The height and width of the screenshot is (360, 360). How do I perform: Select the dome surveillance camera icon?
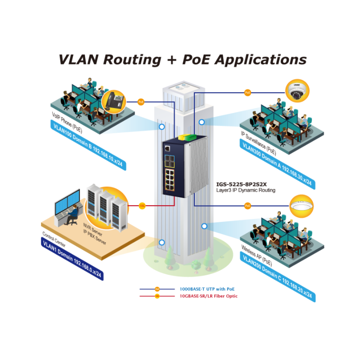coord(296,91)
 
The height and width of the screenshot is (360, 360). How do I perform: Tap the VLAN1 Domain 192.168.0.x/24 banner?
coord(72,261)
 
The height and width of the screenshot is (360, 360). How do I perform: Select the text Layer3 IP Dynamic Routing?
coord(246,190)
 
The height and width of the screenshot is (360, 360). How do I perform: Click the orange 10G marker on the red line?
coord(142,206)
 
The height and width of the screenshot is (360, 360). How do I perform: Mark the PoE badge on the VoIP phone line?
coord(141,102)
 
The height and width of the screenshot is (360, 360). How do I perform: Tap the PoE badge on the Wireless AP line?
coord(247,206)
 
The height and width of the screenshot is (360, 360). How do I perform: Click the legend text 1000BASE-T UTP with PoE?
coord(207,289)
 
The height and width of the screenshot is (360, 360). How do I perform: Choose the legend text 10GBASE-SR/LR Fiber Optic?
coord(208,296)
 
